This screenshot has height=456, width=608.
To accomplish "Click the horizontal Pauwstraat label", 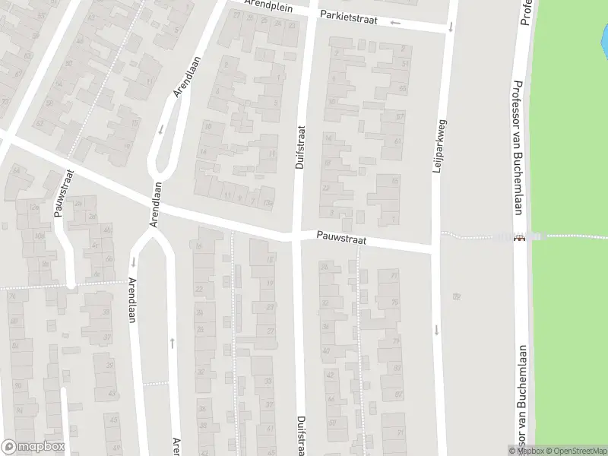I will click(x=342, y=239).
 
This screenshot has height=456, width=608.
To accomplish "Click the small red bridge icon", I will click(x=519, y=237).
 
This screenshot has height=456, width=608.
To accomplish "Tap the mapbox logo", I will click(x=33, y=447).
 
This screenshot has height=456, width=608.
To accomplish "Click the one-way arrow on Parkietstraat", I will click(x=395, y=22).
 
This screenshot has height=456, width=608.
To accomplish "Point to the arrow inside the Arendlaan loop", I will click(x=161, y=129).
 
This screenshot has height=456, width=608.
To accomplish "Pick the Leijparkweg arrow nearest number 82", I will click(x=437, y=329).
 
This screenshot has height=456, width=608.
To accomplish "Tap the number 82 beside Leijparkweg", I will click(x=456, y=296).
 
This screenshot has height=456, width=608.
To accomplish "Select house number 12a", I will click(x=33, y=207).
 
